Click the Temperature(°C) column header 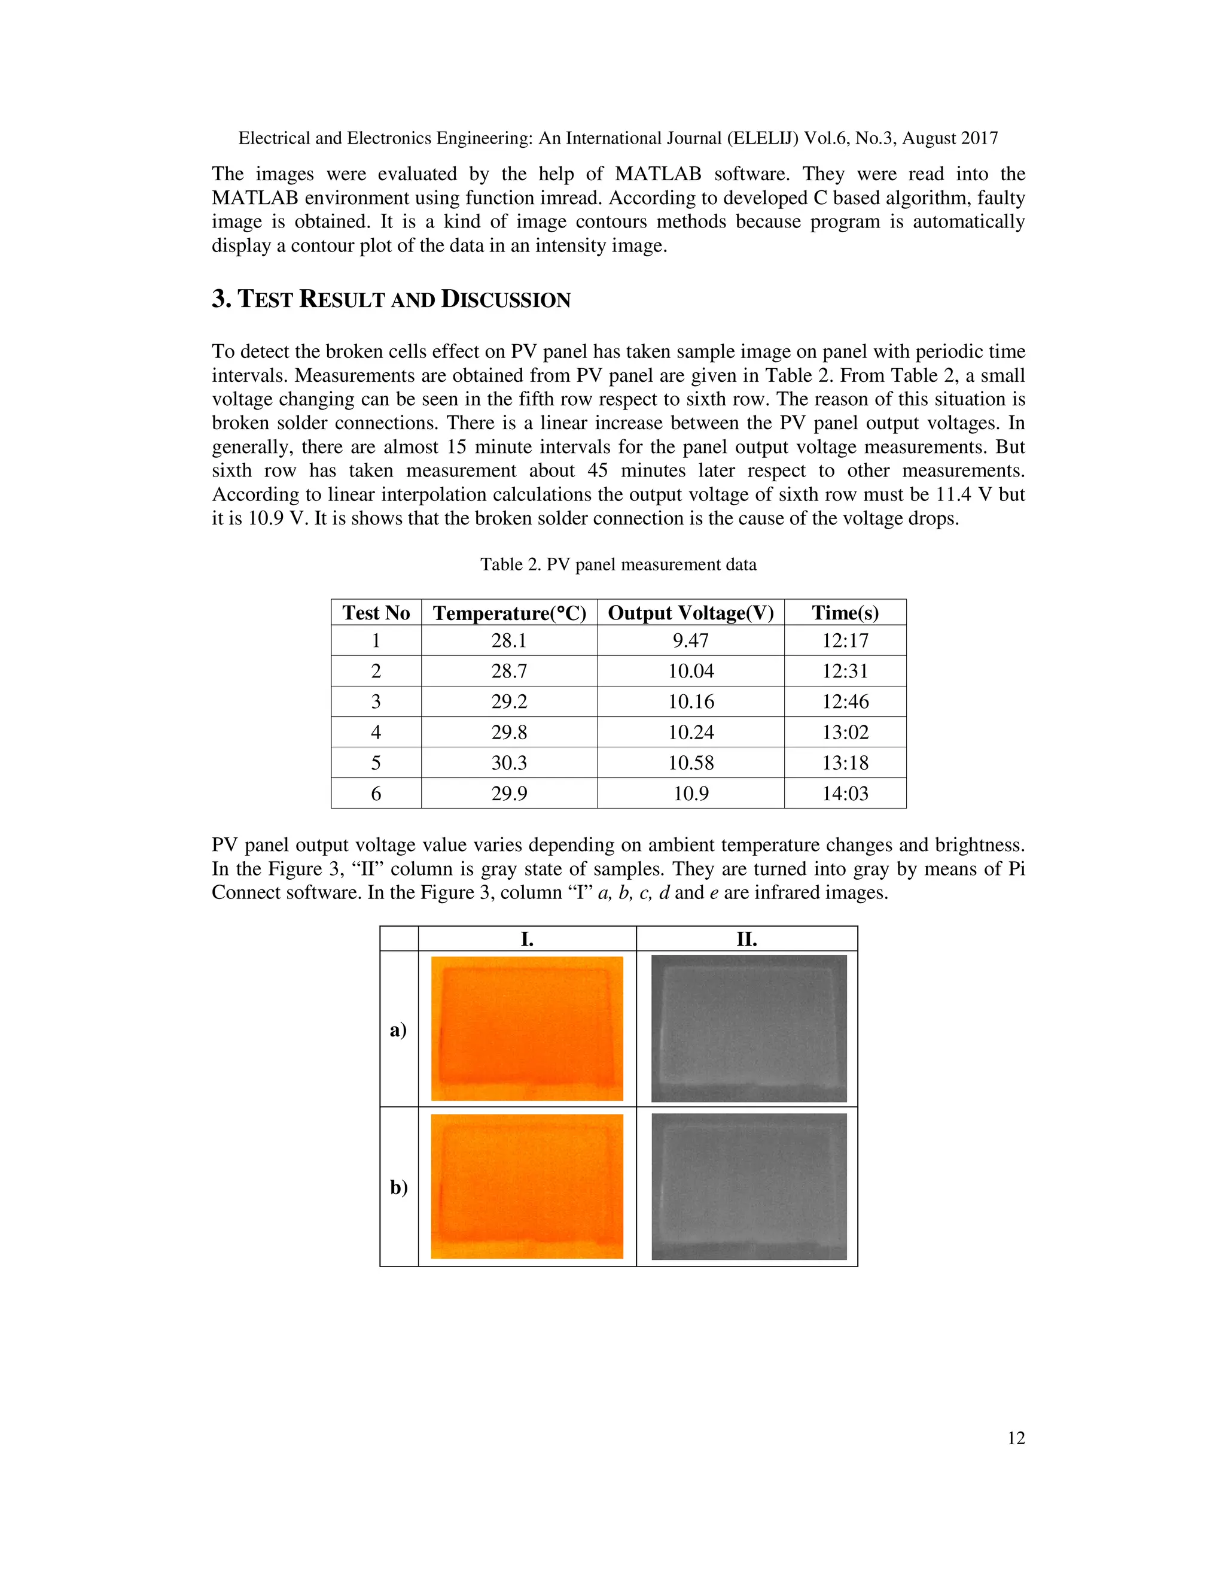click(509, 613)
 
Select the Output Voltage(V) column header click(690, 613)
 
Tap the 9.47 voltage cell click(690, 640)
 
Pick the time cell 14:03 click(845, 793)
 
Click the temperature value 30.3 click(509, 762)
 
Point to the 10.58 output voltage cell click(690, 762)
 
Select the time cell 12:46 click(845, 701)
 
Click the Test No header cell click(376, 613)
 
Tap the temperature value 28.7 click(509, 671)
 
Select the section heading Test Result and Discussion click(391, 299)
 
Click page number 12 click(1016, 1438)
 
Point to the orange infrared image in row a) click(527, 1028)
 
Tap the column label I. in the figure click(527, 939)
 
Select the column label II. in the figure click(746, 939)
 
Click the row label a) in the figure click(398, 1030)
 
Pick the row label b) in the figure click(398, 1187)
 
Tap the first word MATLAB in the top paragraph click(657, 174)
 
